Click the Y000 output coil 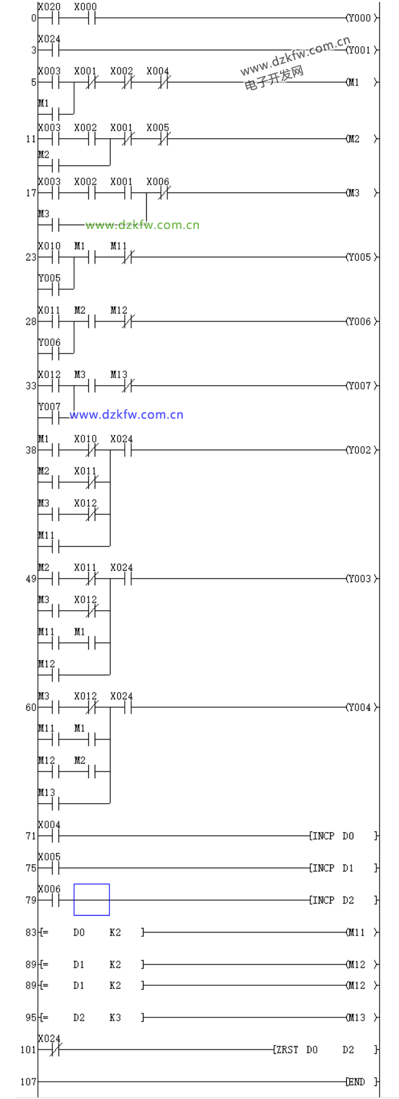[x=359, y=18]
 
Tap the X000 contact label [x=85, y=7]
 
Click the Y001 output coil [x=359, y=50]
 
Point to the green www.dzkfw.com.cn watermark [x=142, y=225]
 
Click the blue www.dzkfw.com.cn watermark [x=126, y=415]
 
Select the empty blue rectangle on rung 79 [x=91, y=899]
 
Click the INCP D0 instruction [x=332, y=836]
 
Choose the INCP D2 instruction [x=332, y=900]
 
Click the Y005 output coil [x=359, y=257]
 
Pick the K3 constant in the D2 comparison [x=115, y=1017]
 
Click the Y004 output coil [x=359, y=707]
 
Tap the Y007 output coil [x=359, y=386]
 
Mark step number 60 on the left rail [x=31, y=707]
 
